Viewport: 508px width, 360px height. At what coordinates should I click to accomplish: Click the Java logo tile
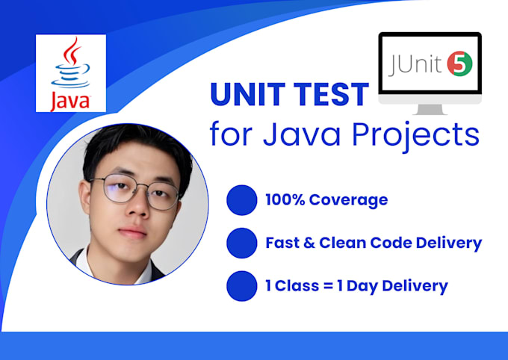coord(71,73)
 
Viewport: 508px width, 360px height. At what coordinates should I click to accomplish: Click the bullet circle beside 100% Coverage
coord(241,199)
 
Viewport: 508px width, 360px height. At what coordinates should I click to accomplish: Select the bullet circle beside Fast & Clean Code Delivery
coord(241,243)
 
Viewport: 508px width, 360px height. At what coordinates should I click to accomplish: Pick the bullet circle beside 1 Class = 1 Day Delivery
coord(241,285)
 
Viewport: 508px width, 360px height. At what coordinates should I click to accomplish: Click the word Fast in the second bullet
coord(282,243)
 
